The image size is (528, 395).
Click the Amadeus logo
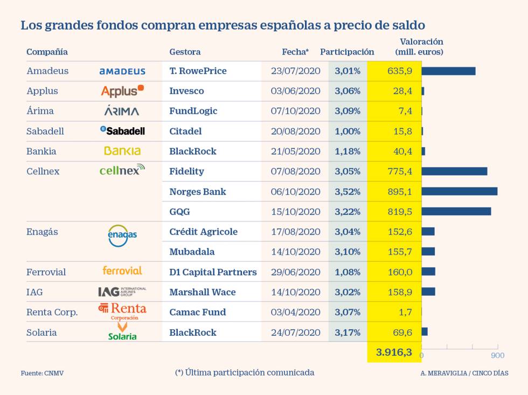coord(122,71)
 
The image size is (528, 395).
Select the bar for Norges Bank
coord(459,191)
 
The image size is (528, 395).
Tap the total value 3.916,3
coord(394,352)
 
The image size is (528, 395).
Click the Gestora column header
coord(185,52)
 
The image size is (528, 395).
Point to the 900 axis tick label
coord(497,355)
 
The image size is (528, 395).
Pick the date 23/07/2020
coord(295,71)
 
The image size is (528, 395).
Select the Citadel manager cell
coord(185,131)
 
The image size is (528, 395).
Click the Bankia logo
coord(122,151)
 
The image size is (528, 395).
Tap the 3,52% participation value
coord(348,191)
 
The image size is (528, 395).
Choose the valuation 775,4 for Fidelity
coord(399,171)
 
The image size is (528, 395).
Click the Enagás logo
coord(122,235)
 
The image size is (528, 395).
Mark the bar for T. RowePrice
coord(448,71)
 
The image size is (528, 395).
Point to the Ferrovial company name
coord(46,272)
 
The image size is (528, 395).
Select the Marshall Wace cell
coord(203,292)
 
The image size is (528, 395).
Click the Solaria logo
coord(122,331)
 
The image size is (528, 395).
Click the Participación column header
coord(347,52)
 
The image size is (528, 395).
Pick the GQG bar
coord(456,211)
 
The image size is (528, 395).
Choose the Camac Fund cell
coord(198,312)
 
